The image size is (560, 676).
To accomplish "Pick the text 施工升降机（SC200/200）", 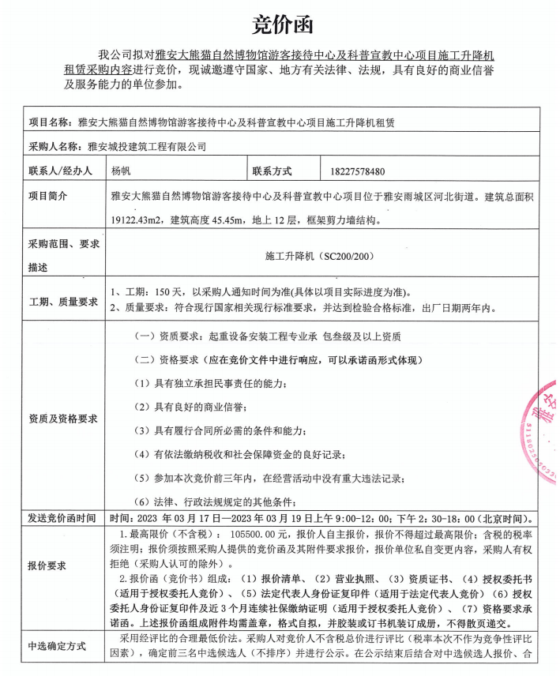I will pyautogui.click(x=319, y=257).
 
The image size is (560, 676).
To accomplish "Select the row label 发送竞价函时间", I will pyautogui.click(x=62, y=519).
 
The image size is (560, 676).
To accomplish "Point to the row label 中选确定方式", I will pyautogui.click(x=57, y=645).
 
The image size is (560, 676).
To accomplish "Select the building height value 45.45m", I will pyautogui.click(x=223, y=220).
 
